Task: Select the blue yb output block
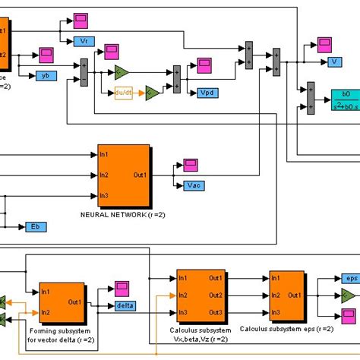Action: pos(46,75)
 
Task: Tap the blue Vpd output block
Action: pos(206,93)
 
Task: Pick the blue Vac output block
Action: pos(195,185)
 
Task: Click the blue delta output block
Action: pos(125,305)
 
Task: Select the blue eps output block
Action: pos(349,279)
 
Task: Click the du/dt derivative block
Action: pos(124,93)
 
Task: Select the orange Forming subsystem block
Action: pos(62,302)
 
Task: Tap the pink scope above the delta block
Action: pos(122,288)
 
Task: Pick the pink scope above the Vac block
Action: pos(189,165)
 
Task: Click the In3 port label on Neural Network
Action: pos(104,195)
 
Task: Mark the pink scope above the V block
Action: pos(326,44)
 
